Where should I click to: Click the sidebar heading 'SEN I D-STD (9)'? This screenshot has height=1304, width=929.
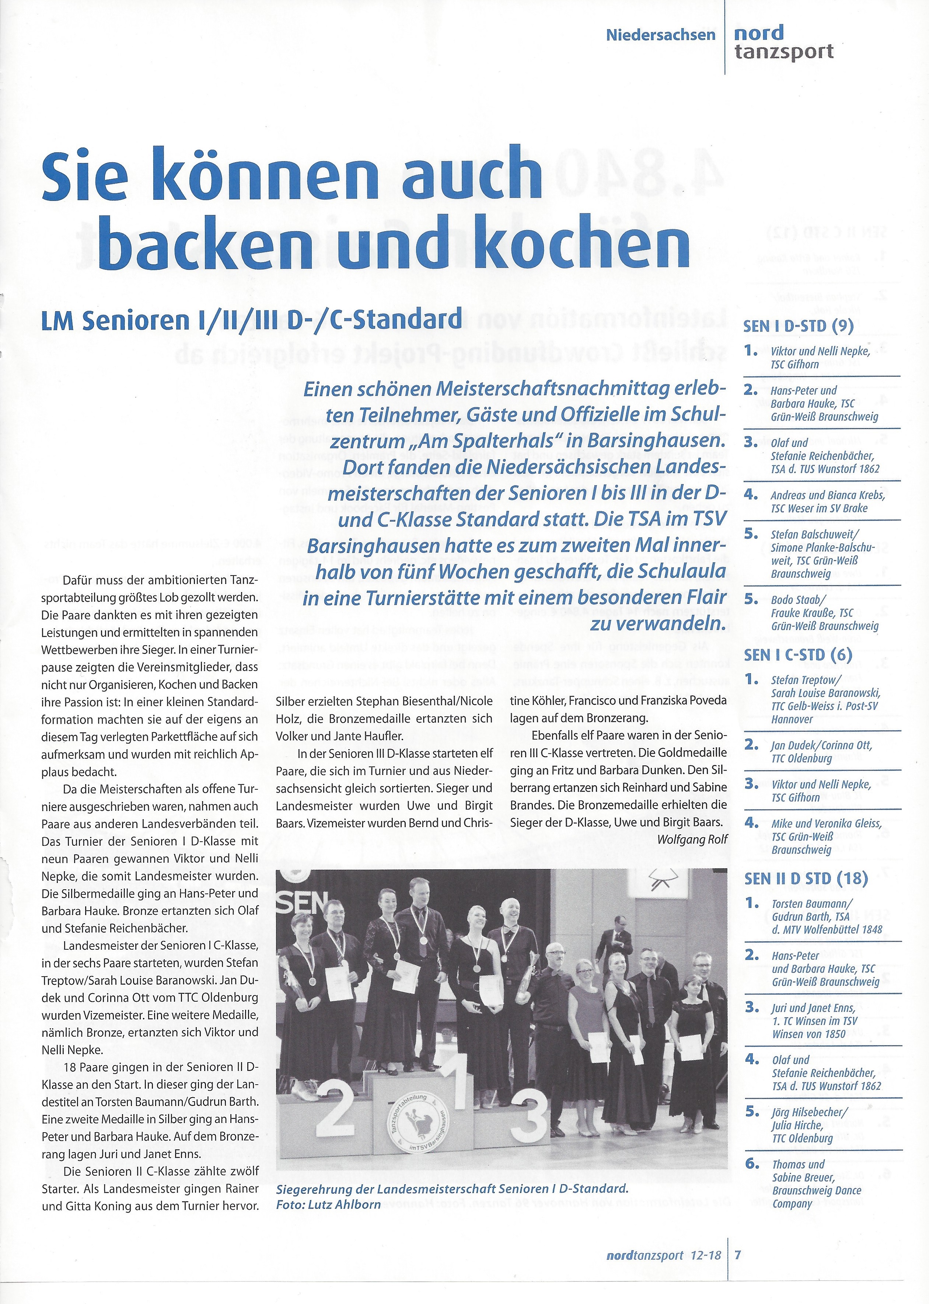[x=799, y=326]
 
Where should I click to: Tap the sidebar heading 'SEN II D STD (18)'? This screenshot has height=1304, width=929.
[x=806, y=878]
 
